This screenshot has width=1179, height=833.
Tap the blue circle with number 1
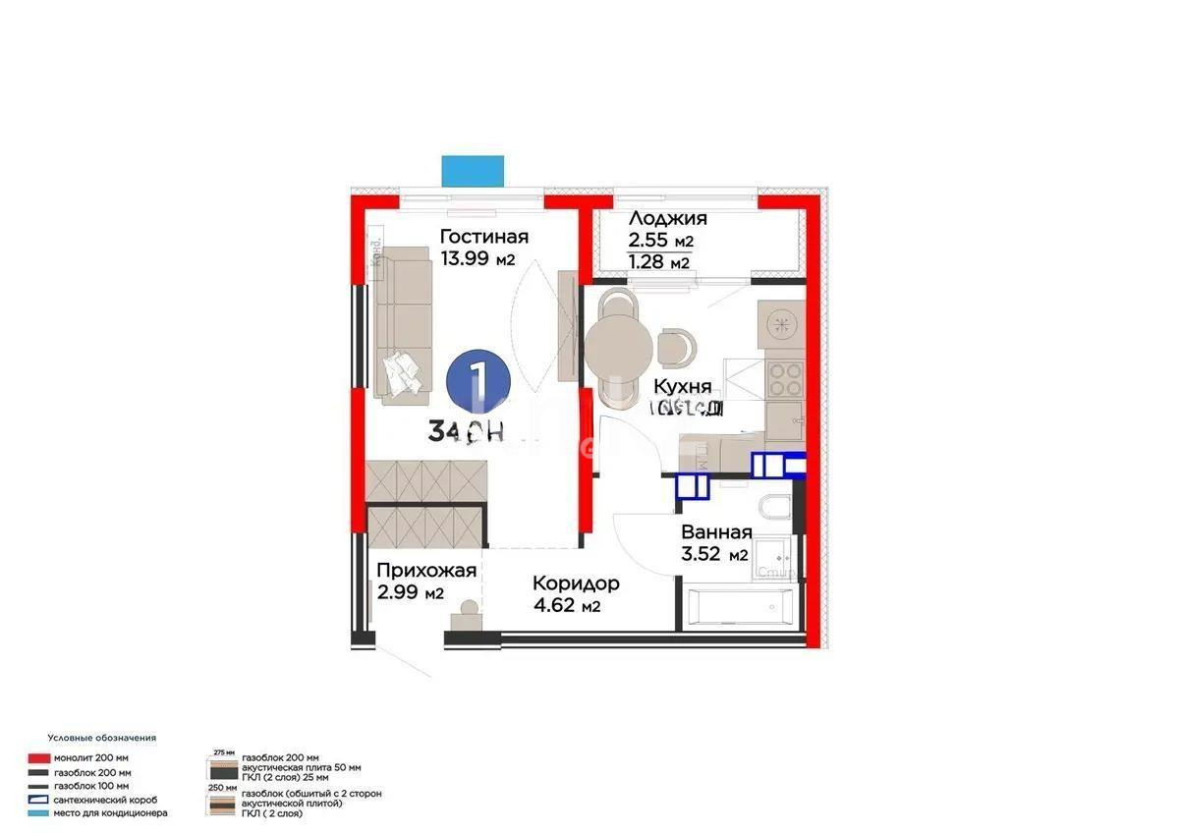pyautogui.click(x=477, y=382)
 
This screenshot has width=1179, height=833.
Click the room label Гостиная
pyautogui.click(x=484, y=237)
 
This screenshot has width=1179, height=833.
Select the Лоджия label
pyautogui.click(x=668, y=219)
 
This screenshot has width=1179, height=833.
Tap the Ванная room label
pyautogui.click(x=717, y=532)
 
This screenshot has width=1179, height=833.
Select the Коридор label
pyautogui.click(x=576, y=583)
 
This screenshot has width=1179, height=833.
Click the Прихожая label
pyautogui.click(x=427, y=571)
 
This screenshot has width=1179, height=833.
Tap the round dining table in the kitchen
pyautogui.click(x=618, y=344)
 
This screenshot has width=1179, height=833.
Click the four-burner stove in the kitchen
pyautogui.click(x=784, y=378)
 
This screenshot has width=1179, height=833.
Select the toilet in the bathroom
pyautogui.click(x=774, y=508)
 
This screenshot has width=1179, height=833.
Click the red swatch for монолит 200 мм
pyautogui.click(x=39, y=758)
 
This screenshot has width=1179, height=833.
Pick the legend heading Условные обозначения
pyautogui.click(x=101, y=737)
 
